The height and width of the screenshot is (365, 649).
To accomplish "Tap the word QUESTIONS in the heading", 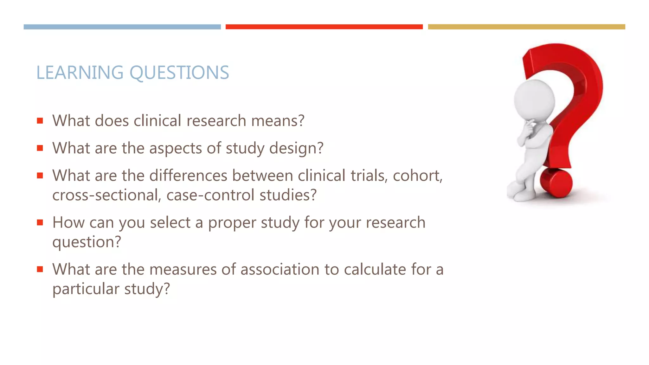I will coord(179,73).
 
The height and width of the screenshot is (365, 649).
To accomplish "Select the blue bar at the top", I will coord(122,27).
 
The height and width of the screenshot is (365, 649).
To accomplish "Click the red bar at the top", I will coord(324,27).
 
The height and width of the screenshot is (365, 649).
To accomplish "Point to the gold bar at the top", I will coord(526,27).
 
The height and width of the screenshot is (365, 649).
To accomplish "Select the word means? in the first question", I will coord(278,121).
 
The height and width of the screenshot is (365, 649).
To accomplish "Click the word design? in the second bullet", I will coord(296,148).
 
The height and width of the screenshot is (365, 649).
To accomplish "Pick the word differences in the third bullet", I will coord(188,176).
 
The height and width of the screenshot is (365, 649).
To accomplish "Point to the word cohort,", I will coord(418,176).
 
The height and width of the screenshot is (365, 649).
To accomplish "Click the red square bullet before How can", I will coord(40,222).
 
